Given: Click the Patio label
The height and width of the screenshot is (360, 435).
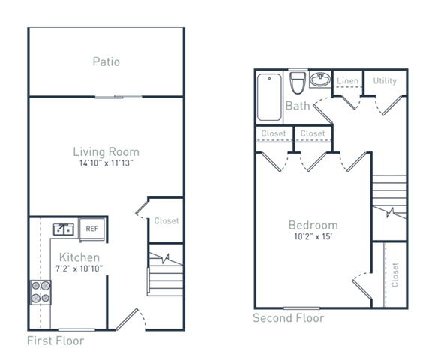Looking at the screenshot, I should pyautogui.click(x=106, y=61).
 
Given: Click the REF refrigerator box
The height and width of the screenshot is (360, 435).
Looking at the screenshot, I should pyautogui.click(x=92, y=229).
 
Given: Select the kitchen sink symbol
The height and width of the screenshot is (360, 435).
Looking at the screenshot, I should pyautogui.click(x=63, y=229).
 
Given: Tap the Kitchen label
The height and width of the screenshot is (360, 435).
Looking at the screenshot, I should pyautogui.click(x=79, y=257).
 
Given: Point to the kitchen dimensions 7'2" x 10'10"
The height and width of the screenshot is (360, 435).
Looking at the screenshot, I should pyautogui.click(x=79, y=268).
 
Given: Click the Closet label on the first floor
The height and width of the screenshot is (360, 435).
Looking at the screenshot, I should pyautogui.click(x=166, y=221).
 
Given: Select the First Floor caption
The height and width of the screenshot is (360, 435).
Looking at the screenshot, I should pyautogui.click(x=55, y=340).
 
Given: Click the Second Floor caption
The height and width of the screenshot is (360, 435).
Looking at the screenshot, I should pyautogui.click(x=288, y=318).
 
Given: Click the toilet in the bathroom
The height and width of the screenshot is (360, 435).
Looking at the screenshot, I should pyautogui.click(x=298, y=81).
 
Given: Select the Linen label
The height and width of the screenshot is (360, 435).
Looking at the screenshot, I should pyautogui.click(x=347, y=81).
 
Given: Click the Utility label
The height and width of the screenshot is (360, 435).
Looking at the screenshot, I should pyautogui.click(x=385, y=81).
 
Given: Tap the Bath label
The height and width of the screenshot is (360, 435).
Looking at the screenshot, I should pyautogui.click(x=298, y=106).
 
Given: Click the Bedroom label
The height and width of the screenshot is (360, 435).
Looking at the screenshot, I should pyautogui.click(x=313, y=225).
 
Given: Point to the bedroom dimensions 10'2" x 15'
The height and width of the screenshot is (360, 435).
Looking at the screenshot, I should pyautogui.click(x=313, y=236).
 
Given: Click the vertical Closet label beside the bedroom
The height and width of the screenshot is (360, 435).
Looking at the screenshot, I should pyautogui.click(x=394, y=274).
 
